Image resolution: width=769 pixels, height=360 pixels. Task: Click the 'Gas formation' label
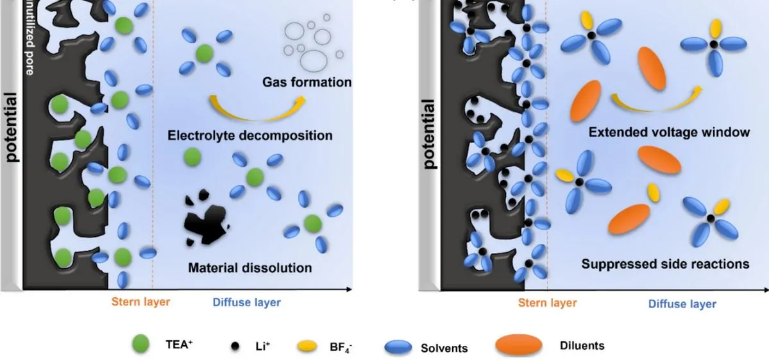pyautogui.click(x=307, y=82)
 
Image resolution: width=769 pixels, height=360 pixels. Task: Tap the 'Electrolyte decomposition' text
pyautogui.click(x=250, y=136)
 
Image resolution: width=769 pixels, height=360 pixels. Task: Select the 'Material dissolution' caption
pyautogui.click(x=250, y=268)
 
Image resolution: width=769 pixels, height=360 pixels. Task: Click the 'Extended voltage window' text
pyautogui.click(x=669, y=133)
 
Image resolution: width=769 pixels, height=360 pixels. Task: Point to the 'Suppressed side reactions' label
pyautogui.click(x=665, y=264)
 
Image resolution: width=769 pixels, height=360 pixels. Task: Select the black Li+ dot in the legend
pyautogui.click(x=235, y=347)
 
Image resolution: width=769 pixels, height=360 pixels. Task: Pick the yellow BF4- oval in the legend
pyautogui.click(x=307, y=347)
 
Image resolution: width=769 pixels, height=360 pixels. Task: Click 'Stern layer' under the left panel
pyautogui.click(x=140, y=302)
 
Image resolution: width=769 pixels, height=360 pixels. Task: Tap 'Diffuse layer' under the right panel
pyautogui.click(x=682, y=304)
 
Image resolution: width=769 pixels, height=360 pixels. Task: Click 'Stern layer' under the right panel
pyautogui.click(x=547, y=303)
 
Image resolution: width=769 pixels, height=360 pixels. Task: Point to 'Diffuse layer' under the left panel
pyautogui.click(x=246, y=302)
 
